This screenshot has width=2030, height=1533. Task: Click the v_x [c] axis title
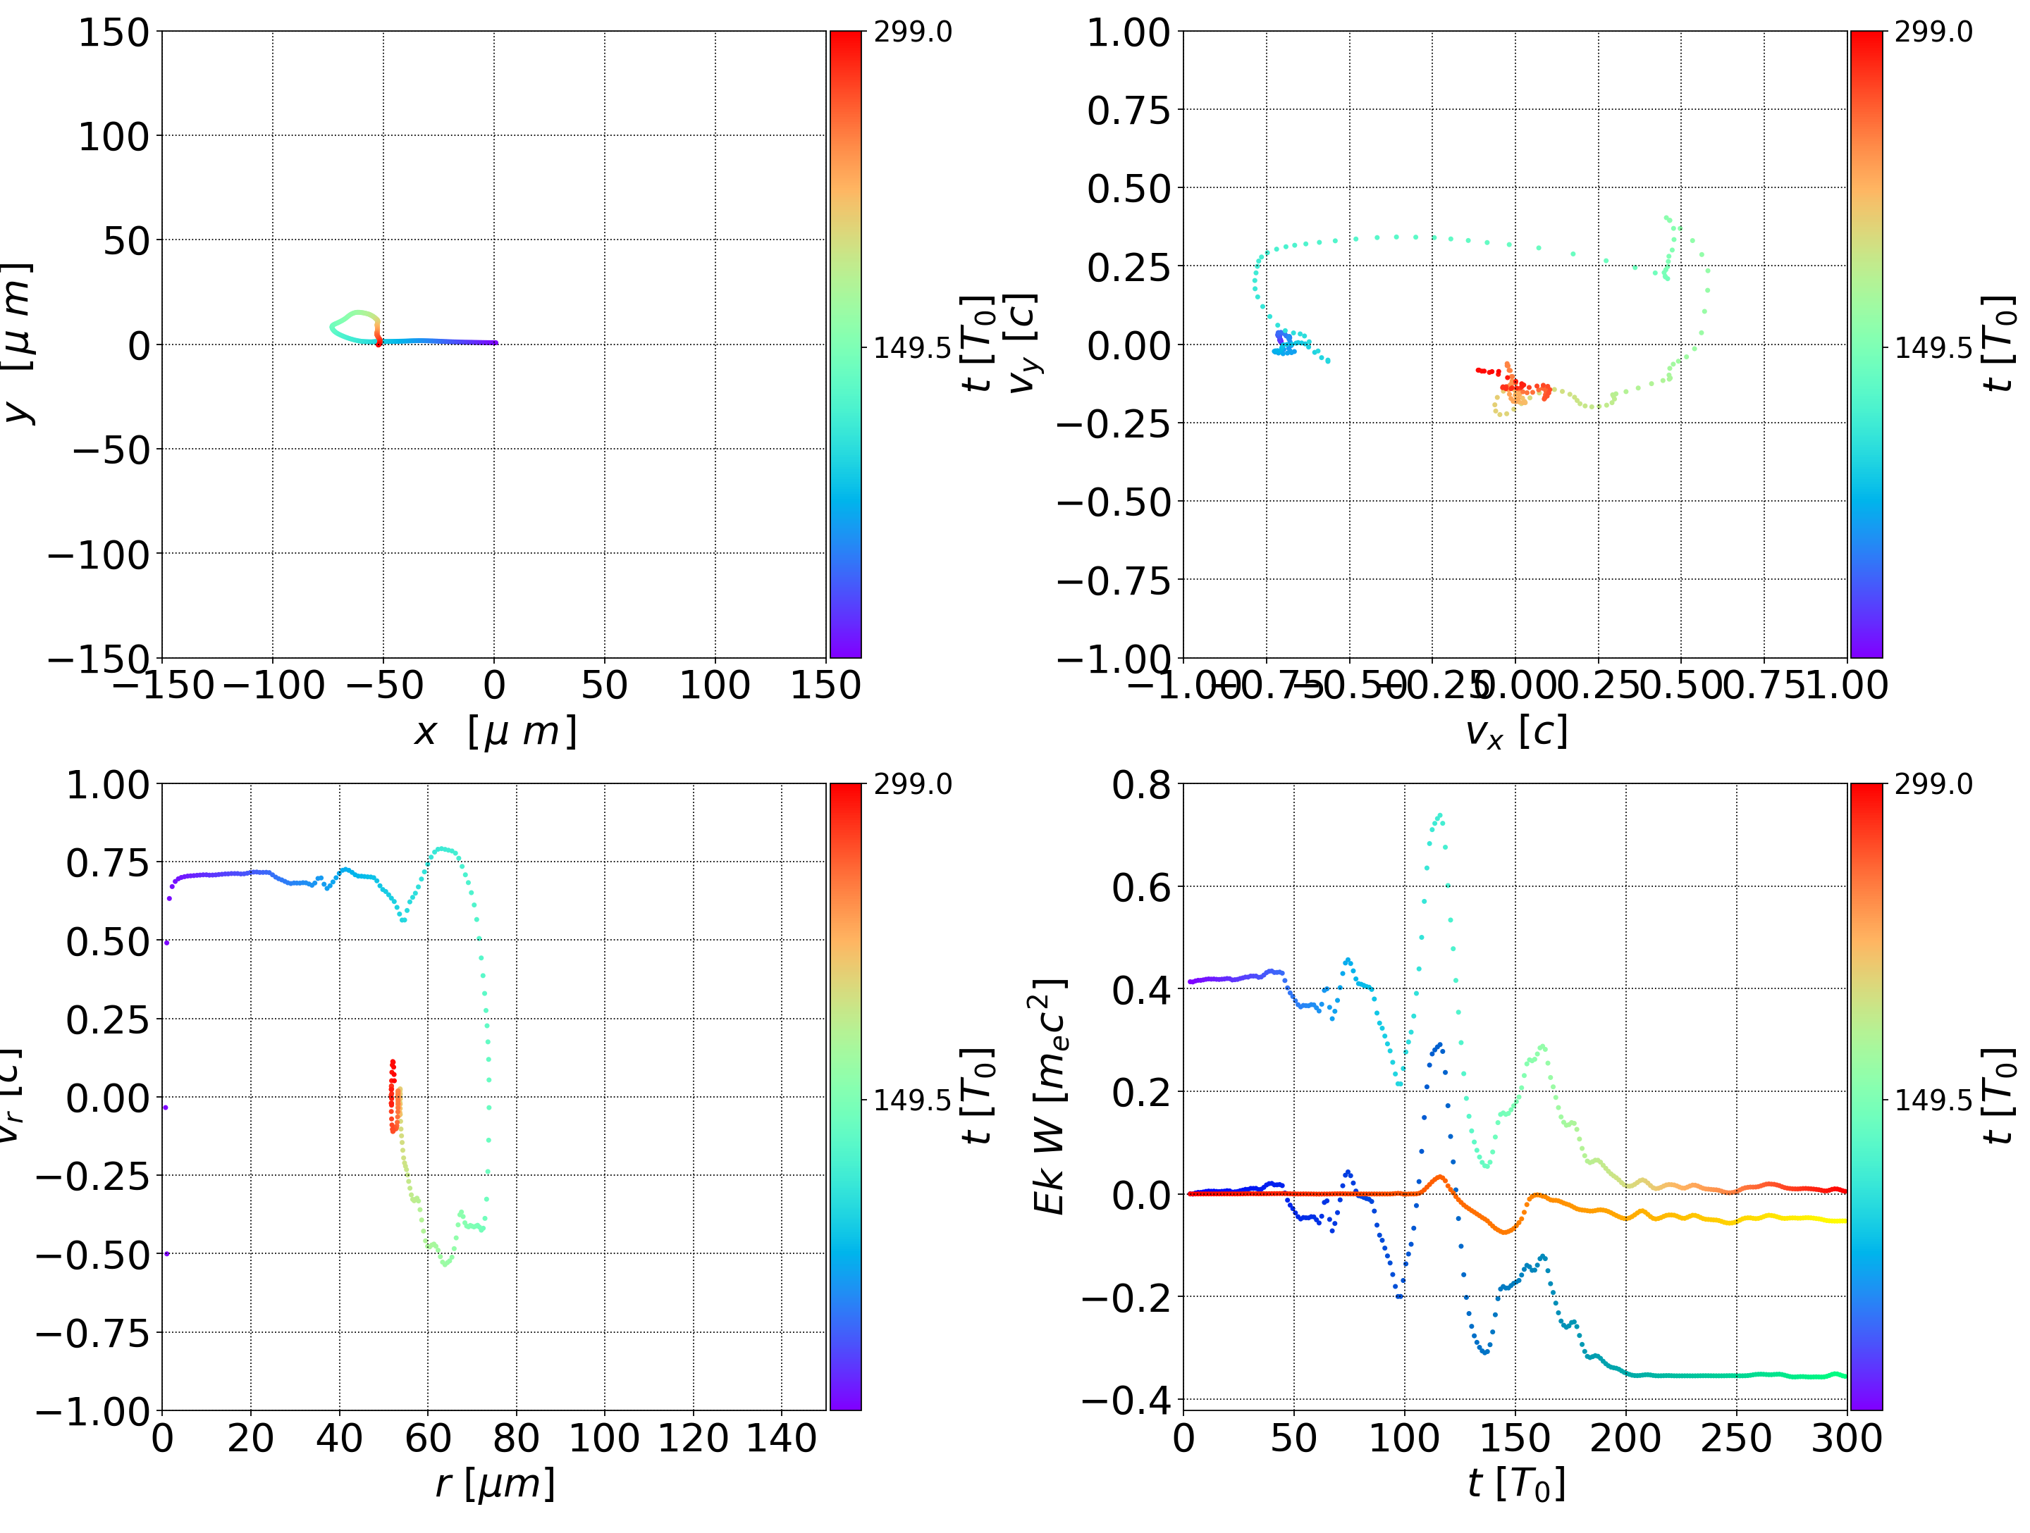pos(1515,732)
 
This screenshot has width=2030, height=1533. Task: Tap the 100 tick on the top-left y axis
pos(113,137)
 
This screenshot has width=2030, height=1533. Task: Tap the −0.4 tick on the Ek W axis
pos(1126,1399)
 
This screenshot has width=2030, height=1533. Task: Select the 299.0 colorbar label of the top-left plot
pos(912,32)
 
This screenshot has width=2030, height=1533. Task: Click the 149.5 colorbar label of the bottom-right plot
pos(1933,1099)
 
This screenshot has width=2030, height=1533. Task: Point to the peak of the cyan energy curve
pos(1438,814)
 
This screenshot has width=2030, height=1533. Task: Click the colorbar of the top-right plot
pos(1866,344)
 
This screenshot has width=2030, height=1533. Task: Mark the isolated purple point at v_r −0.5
pos(166,1253)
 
